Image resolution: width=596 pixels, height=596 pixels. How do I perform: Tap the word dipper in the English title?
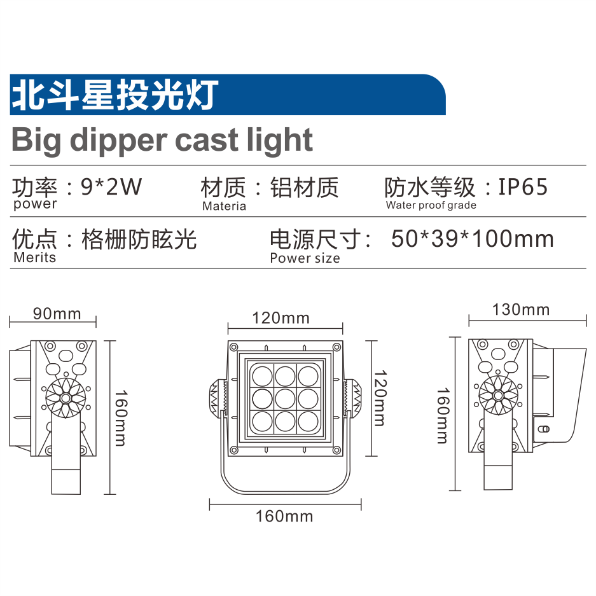click(118, 141)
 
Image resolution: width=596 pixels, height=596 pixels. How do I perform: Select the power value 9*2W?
click(111, 186)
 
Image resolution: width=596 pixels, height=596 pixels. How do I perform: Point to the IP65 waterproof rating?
click(523, 186)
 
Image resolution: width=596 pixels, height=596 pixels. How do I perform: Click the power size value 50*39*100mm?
click(473, 239)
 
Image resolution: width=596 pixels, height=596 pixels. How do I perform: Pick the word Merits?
click(34, 258)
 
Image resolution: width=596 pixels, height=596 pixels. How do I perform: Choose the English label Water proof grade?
click(431, 205)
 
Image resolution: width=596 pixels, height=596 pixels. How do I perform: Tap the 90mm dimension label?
click(57, 314)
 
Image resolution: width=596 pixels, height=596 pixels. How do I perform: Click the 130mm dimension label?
click(521, 310)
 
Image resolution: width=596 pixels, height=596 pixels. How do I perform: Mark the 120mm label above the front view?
click(281, 318)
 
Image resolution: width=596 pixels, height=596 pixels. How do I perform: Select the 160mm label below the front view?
click(284, 516)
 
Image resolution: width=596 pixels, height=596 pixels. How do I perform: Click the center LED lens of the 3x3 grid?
click(285, 399)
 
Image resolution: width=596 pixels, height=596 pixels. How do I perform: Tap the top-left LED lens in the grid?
click(262, 377)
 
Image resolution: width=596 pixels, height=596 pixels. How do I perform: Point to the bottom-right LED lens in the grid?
click(308, 422)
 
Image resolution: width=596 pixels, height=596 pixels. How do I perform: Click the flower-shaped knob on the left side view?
click(66, 398)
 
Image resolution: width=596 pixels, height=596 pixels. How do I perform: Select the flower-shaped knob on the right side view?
click(498, 395)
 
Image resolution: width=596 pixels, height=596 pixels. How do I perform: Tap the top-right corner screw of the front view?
click(336, 347)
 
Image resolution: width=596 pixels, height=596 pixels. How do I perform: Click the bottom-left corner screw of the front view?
click(234, 450)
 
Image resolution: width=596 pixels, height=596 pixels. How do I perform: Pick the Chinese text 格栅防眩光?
click(139, 239)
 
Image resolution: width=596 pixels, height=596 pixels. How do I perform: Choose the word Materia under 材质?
click(225, 206)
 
